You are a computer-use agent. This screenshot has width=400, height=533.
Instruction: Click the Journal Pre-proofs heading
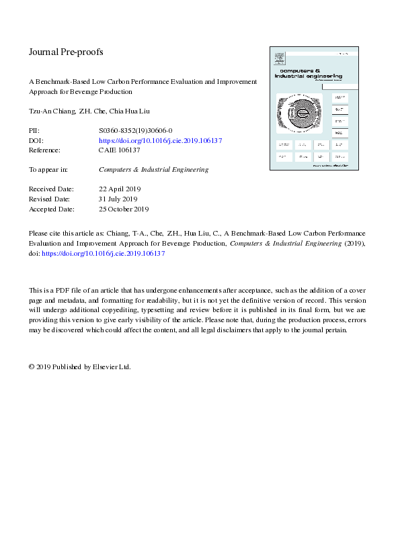[66, 52]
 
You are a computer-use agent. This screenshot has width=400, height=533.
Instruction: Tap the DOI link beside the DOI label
[160, 141]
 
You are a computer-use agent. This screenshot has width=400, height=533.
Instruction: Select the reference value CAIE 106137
[119, 150]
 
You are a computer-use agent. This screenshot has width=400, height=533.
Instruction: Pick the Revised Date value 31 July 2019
[118, 199]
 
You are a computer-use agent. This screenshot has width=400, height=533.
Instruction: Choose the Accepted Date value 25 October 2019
[124, 209]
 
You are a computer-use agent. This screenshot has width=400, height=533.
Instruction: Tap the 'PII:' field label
[35, 131]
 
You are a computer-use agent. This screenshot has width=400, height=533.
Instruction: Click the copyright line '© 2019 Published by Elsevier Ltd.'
[79, 367]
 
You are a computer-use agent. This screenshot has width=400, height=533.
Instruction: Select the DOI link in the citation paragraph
[104, 254]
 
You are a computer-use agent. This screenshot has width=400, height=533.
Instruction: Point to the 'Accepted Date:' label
[51, 209]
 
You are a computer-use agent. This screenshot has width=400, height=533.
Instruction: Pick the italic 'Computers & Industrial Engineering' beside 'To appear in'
[153, 170]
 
